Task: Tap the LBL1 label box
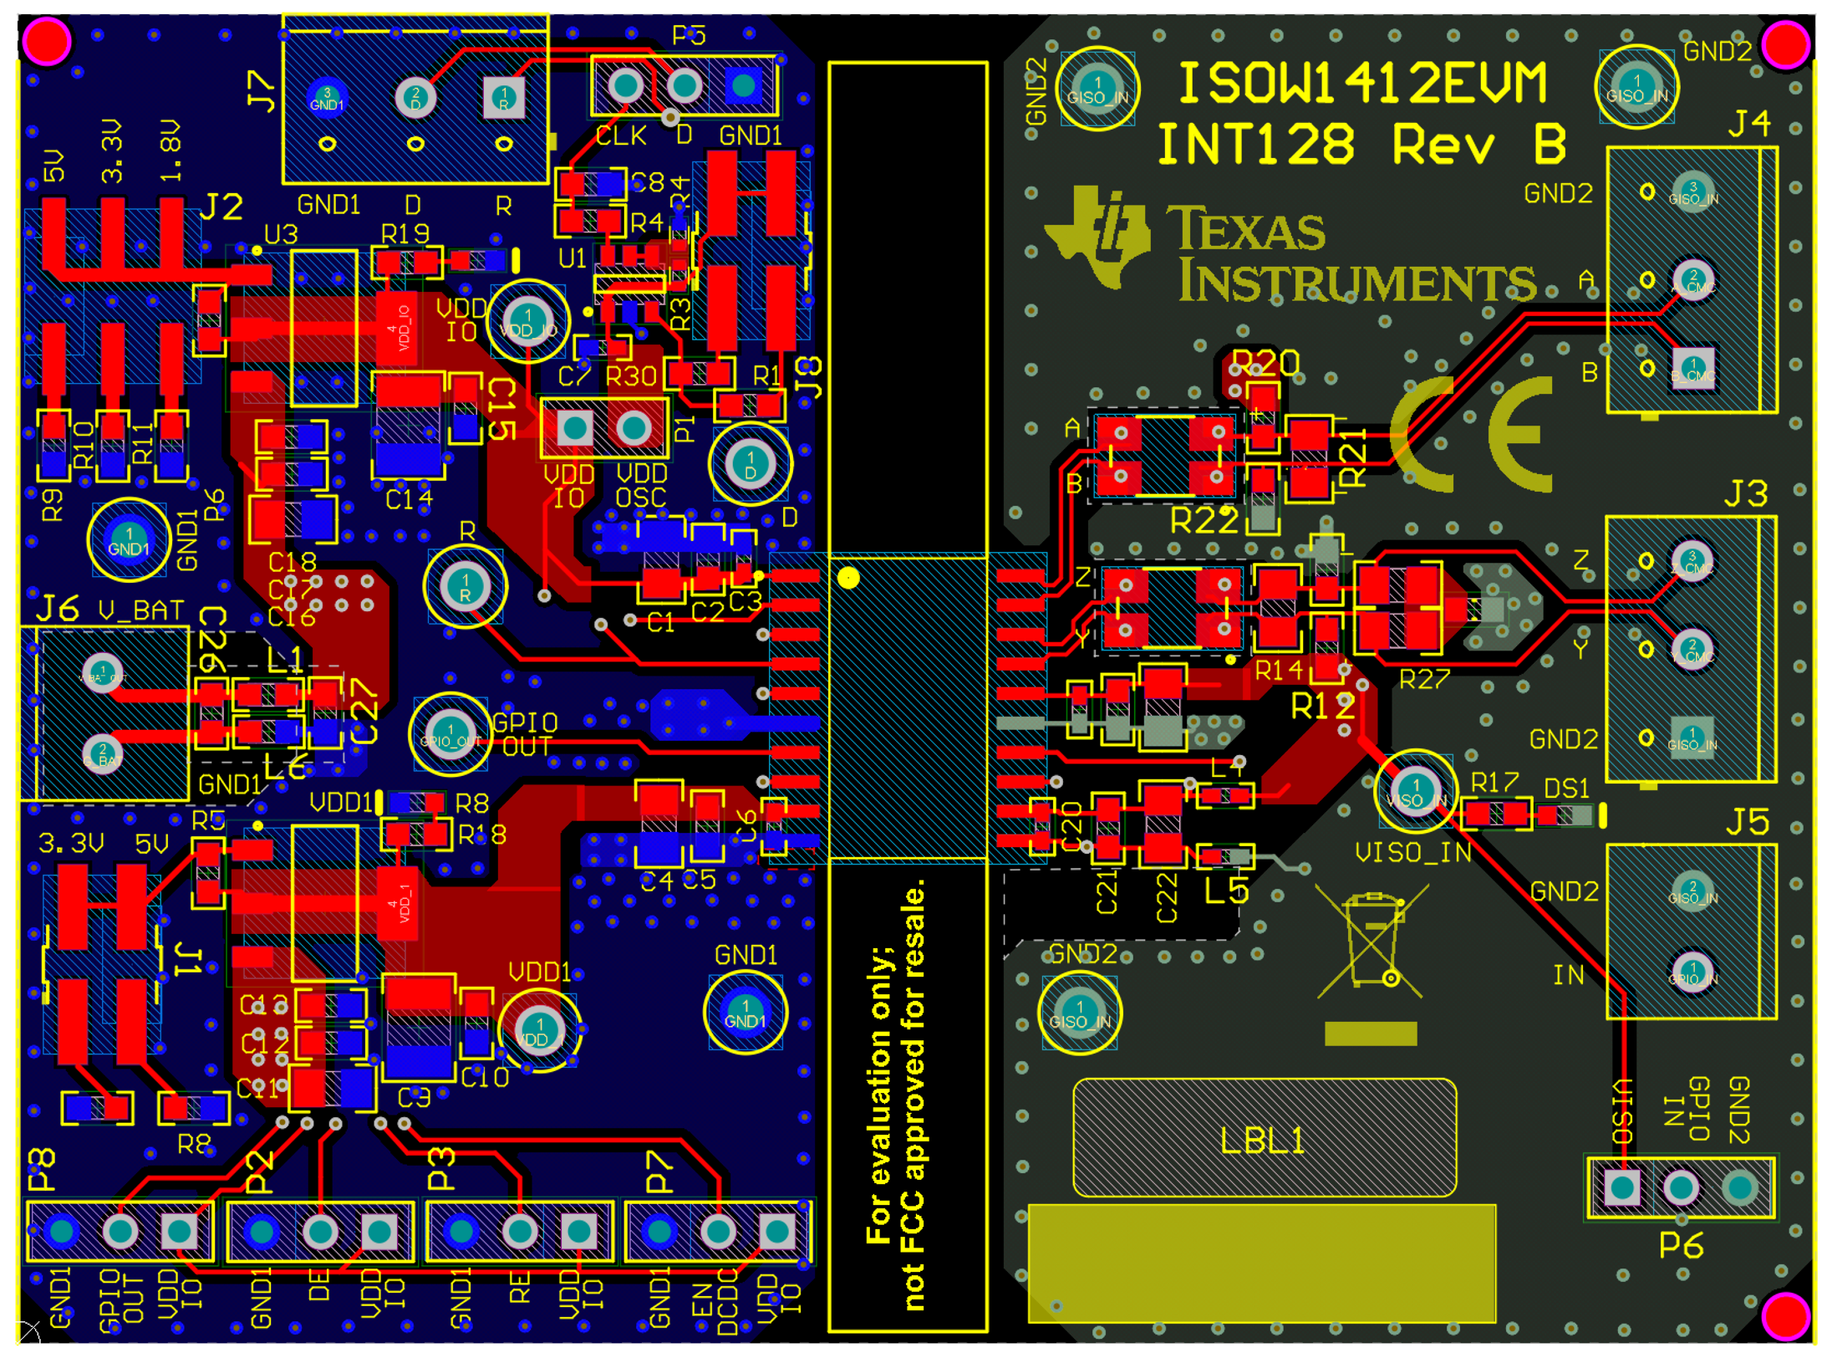[x=1264, y=1139]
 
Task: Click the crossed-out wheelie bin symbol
[x=1369, y=941]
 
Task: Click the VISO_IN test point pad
[x=1415, y=790]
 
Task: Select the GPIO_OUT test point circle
[x=450, y=733]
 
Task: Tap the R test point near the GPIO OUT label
[x=465, y=586]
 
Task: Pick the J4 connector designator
[x=1748, y=124]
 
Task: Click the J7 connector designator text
[x=262, y=91]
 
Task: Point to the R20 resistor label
[x=1265, y=363]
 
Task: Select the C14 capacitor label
[x=409, y=499]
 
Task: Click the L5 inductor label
[x=1227, y=891]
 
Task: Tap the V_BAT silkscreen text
[x=140, y=610]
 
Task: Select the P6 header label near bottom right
[x=1681, y=1245]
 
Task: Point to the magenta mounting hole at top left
[x=47, y=41]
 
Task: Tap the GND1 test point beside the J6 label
[x=128, y=539]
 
